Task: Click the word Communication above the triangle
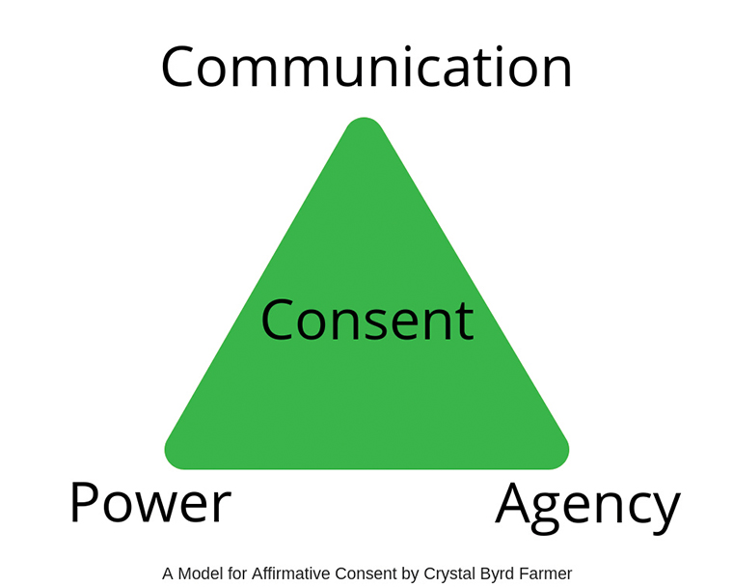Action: (366, 68)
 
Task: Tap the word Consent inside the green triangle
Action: (366, 321)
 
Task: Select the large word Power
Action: (150, 504)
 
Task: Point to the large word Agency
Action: (587, 506)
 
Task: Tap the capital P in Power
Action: (85, 503)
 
